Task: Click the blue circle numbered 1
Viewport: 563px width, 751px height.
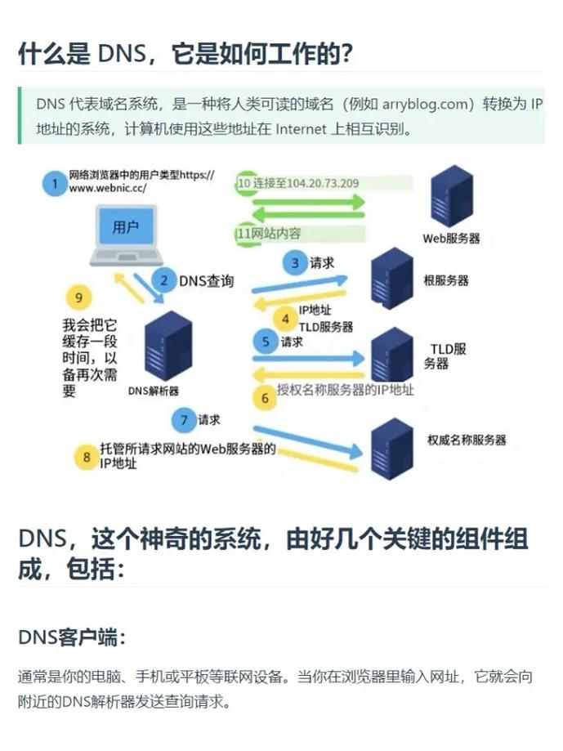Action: (55, 183)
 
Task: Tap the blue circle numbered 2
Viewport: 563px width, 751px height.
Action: (164, 279)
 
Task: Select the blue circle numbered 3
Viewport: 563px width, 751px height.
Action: (295, 263)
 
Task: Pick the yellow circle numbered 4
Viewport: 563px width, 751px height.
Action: (285, 319)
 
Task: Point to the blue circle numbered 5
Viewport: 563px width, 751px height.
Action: (266, 342)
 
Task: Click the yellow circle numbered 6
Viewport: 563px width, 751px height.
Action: (265, 398)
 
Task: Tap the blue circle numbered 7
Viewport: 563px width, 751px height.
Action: (184, 420)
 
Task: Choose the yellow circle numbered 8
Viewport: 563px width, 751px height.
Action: (87, 457)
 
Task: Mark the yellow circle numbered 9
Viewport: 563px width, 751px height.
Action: (78, 297)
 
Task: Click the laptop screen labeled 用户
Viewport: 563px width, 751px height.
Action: (127, 227)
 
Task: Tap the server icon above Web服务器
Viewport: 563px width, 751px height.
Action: (451, 196)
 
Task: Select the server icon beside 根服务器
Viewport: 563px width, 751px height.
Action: (392, 279)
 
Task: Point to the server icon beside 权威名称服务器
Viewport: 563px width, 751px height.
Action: (392, 449)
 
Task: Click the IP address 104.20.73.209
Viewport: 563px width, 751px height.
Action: (323, 183)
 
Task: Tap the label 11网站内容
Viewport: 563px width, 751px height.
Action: (270, 233)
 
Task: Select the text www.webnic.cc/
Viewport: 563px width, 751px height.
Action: (108, 188)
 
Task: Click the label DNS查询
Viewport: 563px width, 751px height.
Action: (207, 280)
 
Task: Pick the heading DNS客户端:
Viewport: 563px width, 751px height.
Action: (72, 637)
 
